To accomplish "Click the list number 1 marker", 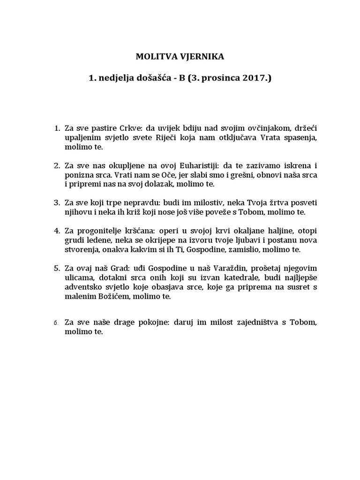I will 57,128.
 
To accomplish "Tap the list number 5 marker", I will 57,269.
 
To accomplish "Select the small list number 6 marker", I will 56,323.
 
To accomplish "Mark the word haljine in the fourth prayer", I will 269,231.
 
